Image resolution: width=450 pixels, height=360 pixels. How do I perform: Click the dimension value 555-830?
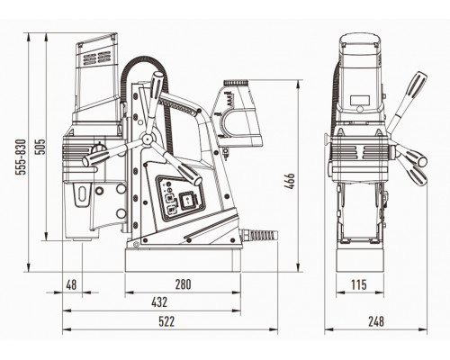[22, 157]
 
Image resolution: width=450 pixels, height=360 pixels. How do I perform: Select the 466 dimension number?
[290, 181]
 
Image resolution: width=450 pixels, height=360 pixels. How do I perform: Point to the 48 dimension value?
[71, 284]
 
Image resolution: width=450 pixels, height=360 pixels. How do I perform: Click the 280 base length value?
[183, 284]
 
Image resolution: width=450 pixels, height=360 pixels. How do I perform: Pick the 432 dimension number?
[159, 302]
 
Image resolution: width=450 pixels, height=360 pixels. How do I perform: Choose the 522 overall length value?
[166, 321]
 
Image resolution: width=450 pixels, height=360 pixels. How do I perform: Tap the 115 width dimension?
[359, 284]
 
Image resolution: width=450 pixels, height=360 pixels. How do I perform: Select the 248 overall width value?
[376, 321]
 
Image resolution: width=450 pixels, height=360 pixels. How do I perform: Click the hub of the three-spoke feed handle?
[148, 139]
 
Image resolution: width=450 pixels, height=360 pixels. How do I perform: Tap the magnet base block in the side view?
[183, 260]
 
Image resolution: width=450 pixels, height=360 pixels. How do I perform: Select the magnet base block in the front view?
[360, 260]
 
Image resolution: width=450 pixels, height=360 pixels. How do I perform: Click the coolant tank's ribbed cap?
[236, 82]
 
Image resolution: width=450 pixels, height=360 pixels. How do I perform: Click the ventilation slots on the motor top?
[96, 58]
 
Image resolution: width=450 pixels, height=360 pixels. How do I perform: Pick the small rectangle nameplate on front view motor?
[360, 100]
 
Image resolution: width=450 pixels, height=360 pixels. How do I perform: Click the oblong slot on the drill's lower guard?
[82, 193]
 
